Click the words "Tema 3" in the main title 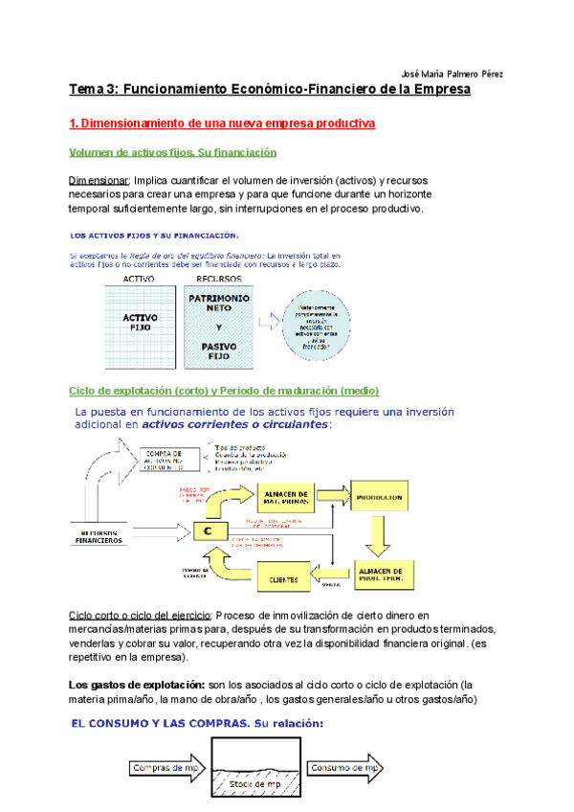92,90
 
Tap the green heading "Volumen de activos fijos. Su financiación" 172,152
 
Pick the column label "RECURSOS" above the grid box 218,278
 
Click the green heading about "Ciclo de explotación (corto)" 225,391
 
